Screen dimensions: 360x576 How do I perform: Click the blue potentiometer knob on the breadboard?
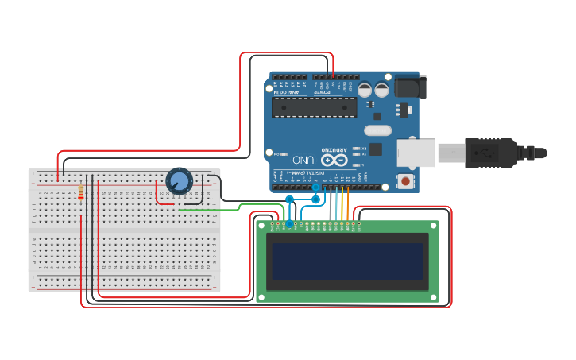pos(180,181)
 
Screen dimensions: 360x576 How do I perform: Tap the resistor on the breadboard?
pos(81,192)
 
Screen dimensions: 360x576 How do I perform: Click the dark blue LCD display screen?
pos(347,261)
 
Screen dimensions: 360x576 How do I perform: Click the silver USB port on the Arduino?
pos(415,152)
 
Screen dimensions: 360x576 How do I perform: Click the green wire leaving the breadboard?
pos(230,209)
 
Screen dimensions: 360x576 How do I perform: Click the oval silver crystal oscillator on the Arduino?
pos(378,130)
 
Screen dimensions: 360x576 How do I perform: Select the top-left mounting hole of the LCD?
pos(261,226)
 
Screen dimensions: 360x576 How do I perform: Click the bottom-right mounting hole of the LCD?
pos(433,297)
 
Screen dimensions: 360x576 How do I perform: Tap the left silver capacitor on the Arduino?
pos(365,90)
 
